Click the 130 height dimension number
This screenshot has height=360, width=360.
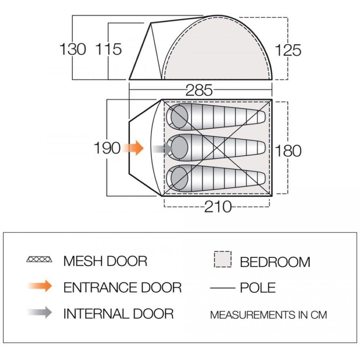(x=73, y=49)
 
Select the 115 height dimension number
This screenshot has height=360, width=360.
(x=108, y=49)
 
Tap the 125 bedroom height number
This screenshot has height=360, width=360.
(x=288, y=50)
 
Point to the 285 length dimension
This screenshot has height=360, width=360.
(x=199, y=90)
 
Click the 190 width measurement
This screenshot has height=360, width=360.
(x=107, y=148)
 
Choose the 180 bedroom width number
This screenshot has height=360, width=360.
(x=288, y=151)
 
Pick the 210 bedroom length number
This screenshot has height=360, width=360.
(x=218, y=207)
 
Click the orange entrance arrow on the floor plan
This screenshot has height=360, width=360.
(x=133, y=148)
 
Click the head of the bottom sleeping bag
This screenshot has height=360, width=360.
(x=179, y=178)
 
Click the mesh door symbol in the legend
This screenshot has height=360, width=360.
(x=39, y=259)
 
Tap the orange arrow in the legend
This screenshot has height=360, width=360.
(x=40, y=286)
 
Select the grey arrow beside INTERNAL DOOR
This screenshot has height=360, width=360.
(x=40, y=312)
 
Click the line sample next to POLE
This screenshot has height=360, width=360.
(x=223, y=288)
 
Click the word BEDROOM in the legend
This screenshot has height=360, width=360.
(x=275, y=262)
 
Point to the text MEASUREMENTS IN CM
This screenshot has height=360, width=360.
(x=269, y=315)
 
